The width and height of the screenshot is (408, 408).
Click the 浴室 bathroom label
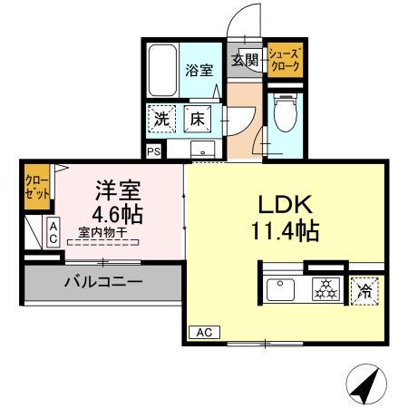pyautogui.click(x=199, y=71)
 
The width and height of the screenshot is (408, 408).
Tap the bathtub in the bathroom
pyautogui.click(x=163, y=70)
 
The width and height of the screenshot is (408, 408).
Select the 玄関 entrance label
pyautogui.click(x=244, y=60)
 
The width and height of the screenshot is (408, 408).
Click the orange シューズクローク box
pyautogui.click(x=285, y=60)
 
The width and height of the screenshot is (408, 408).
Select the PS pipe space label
pyautogui.click(x=152, y=151)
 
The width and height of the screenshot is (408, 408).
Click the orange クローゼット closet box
pyautogui.click(x=36, y=188)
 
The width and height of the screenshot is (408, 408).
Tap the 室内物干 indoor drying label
pyautogui.click(x=102, y=233)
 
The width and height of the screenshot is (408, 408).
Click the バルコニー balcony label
pyautogui.click(x=102, y=282)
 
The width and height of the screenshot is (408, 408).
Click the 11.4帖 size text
pyautogui.click(x=284, y=232)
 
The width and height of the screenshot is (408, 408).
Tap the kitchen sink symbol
pyautogui.click(x=281, y=290)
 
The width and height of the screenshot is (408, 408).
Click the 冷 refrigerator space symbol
pyautogui.click(x=365, y=291)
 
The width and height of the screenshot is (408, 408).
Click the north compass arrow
pyautogui.click(x=364, y=385)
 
